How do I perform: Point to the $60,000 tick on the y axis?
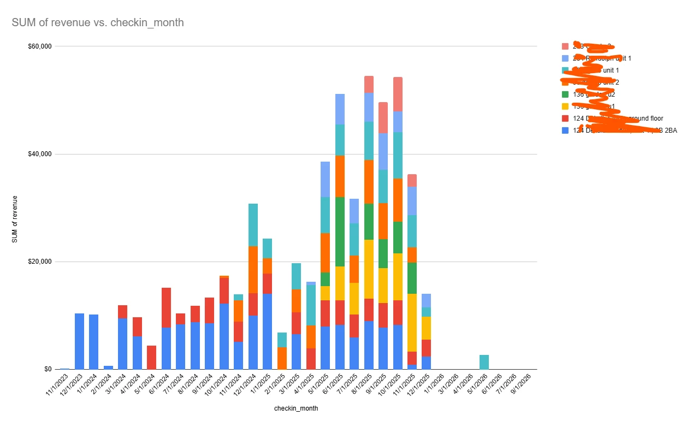pos(39,46)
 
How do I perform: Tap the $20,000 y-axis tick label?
pos(39,262)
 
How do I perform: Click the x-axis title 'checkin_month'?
pos(296,408)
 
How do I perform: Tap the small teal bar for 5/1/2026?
pos(484,362)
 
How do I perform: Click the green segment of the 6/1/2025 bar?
pos(340,232)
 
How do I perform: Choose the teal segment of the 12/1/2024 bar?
pos(253,224)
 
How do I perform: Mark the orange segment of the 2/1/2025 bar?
pos(282,358)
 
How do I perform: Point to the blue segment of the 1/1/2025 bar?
pos(268,331)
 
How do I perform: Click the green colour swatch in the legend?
pos(565,94)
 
